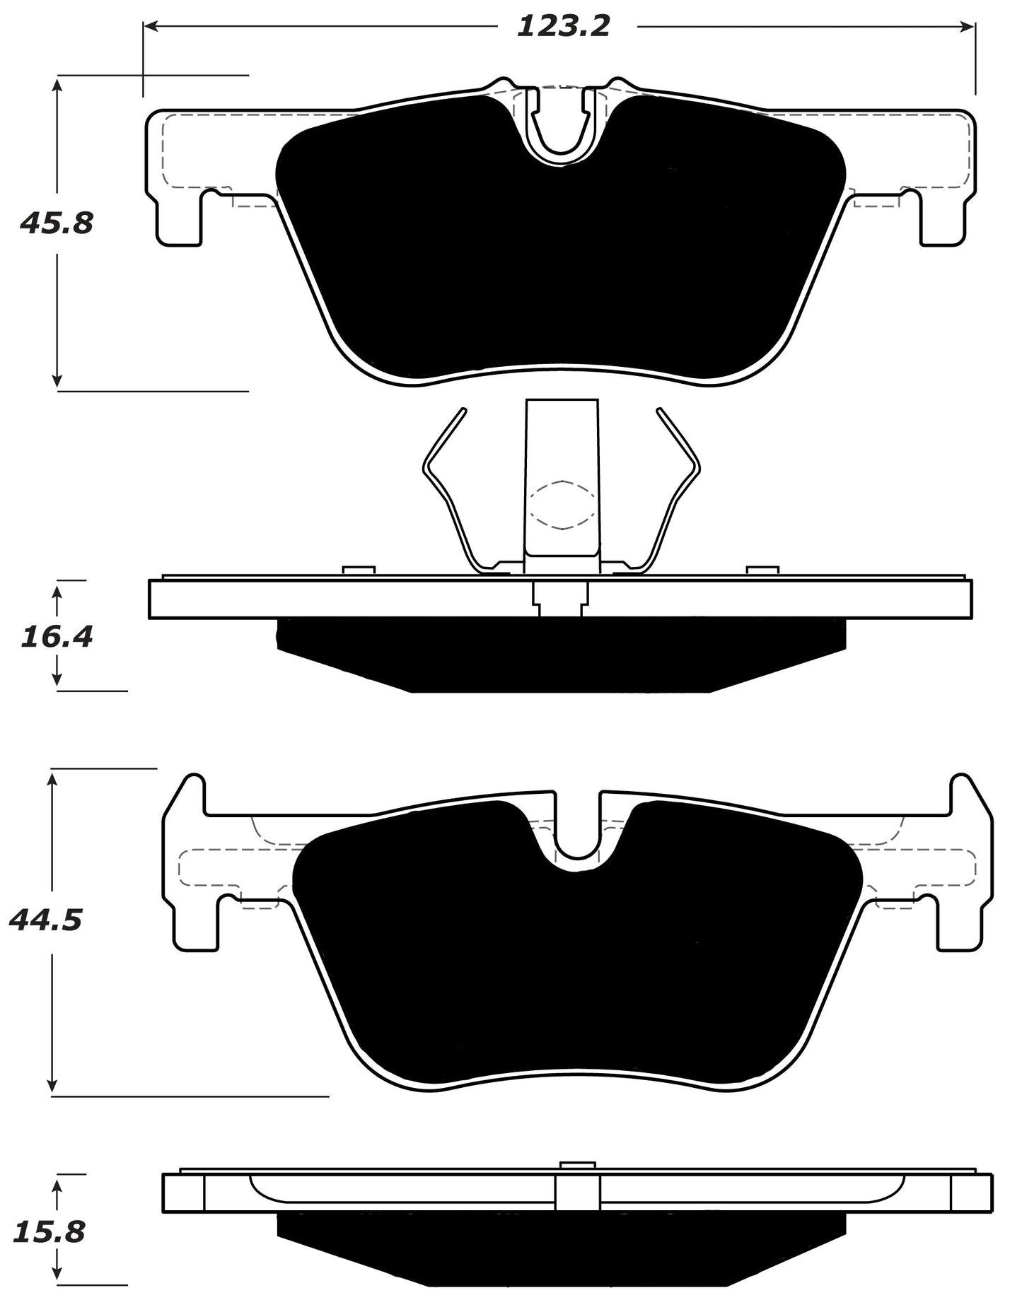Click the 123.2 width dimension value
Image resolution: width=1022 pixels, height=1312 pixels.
pos(563,27)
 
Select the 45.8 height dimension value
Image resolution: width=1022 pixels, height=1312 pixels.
pos(57,224)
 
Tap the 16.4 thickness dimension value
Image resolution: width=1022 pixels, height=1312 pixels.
pos(57,637)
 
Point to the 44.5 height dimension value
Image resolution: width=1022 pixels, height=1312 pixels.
pos(46,920)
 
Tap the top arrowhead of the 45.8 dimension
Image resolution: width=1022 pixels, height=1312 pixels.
pos(57,84)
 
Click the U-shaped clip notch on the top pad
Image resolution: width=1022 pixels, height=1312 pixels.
pos(563,127)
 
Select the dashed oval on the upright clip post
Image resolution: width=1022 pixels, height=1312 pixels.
pos(562,505)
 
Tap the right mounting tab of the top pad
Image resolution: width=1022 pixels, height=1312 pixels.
pos(942,219)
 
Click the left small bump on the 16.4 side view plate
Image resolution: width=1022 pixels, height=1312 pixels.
pos(359,570)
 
